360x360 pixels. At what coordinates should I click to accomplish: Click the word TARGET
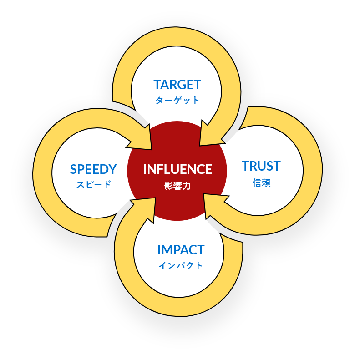[x=177, y=85]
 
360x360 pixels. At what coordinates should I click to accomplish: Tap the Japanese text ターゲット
[x=177, y=101]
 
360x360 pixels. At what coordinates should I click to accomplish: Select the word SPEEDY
[x=93, y=169]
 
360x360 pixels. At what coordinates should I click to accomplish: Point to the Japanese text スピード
[x=93, y=185]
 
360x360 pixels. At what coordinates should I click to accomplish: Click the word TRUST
[x=261, y=166]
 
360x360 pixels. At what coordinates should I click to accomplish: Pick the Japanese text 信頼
[x=261, y=183]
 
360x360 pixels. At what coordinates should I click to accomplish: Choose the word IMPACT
[x=181, y=250]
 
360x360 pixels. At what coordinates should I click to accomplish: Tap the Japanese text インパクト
[x=181, y=265]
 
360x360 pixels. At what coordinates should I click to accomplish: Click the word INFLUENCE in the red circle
[x=177, y=169]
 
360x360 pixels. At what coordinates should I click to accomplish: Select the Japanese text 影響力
[x=177, y=186]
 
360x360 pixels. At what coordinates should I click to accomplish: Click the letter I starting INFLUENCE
[x=145, y=169]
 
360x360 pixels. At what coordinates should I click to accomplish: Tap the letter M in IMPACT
[x=167, y=250]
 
